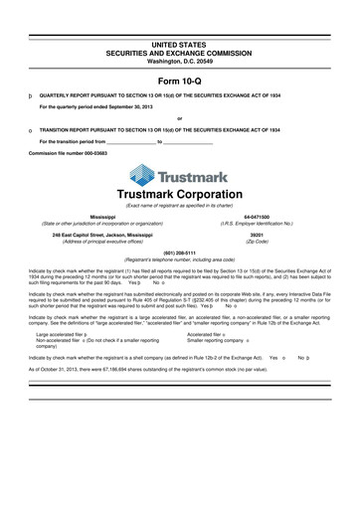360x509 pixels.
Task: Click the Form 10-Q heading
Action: [x=179, y=79]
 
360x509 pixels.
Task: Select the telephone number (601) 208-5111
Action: [x=179, y=251]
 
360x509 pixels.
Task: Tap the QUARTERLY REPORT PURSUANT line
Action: [x=164, y=97]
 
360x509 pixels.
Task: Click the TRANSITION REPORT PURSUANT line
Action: [x=164, y=130]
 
